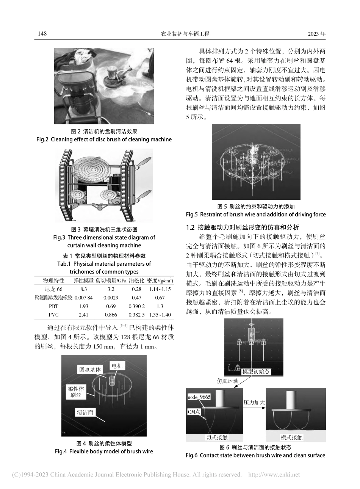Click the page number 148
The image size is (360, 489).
(42, 34)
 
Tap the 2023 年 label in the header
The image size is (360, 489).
(317, 34)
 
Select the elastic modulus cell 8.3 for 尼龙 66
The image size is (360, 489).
(83, 289)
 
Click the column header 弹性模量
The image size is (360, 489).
(83, 281)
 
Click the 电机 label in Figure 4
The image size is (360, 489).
(117, 366)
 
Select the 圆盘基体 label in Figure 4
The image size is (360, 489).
(90, 370)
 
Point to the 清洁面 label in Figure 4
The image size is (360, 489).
(85, 412)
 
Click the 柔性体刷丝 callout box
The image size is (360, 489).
(76, 392)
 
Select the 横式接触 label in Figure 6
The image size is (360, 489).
(291, 437)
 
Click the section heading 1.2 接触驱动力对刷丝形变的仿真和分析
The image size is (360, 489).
(243, 227)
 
